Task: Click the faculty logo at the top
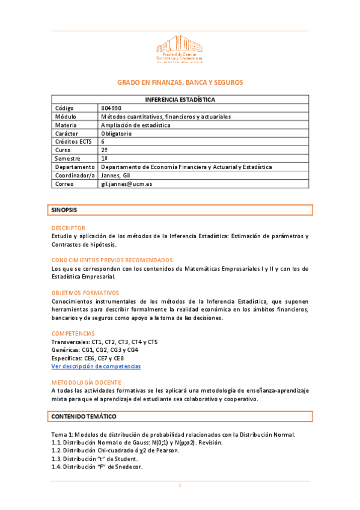tap(180, 49)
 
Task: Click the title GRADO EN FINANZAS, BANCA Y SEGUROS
tap(180, 82)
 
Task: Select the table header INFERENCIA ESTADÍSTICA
tap(180, 99)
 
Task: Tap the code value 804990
tap(112, 108)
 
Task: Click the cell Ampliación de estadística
tap(135, 125)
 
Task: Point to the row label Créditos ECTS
tap(73, 141)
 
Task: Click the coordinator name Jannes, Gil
tap(116, 175)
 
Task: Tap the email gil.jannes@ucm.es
tap(126, 183)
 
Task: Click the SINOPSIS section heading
tap(64, 210)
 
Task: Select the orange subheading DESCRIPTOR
tap(69, 228)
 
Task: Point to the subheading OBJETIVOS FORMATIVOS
tap(85, 292)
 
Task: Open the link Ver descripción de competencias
tap(96, 366)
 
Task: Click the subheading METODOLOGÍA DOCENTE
tap(87, 382)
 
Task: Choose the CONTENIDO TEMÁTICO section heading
tap(84, 416)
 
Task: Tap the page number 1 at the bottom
tap(180, 485)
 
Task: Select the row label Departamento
tap(75, 167)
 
